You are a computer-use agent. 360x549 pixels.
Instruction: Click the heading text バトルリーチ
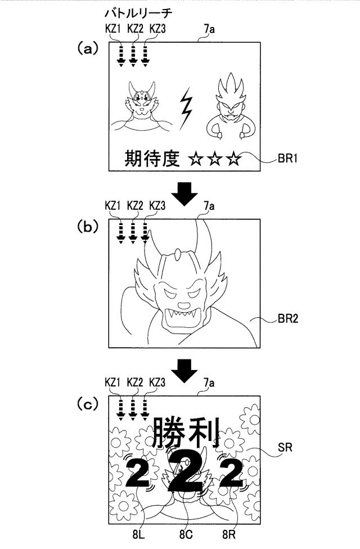(x=138, y=13)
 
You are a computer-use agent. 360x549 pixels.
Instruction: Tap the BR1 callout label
(x=287, y=159)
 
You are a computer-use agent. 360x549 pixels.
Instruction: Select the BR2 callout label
(x=288, y=318)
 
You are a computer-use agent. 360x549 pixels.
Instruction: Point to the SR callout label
(x=285, y=447)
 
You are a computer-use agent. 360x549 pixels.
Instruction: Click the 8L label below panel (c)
(x=139, y=534)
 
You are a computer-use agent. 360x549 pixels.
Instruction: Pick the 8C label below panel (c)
(x=186, y=534)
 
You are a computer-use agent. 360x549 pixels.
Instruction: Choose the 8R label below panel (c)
(x=229, y=534)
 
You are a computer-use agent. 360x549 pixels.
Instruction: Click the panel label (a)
(x=87, y=49)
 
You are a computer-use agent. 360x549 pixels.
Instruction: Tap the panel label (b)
(x=87, y=227)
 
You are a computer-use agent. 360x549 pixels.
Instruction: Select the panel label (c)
(x=87, y=404)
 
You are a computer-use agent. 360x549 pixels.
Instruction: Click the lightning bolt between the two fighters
(x=186, y=109)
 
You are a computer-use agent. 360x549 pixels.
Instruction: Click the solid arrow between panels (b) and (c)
(x=186, y=371)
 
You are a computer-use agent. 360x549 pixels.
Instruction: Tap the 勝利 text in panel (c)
(x=186, y=432)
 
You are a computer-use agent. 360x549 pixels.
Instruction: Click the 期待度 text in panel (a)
(x=152, y=158)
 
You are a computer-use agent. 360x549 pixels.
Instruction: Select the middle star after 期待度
(x=215, y=159)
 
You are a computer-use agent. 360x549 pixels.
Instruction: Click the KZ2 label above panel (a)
(x=135, y=29)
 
